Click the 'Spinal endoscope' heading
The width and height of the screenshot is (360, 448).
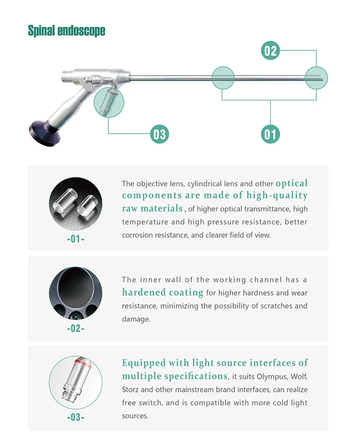pyautogui.click(x=66, y=31)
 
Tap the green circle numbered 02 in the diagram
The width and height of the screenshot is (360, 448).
pyautogui.click(x=271, y=50)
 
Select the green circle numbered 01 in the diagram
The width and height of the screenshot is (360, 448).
pyautogui.click(x=271, y=133)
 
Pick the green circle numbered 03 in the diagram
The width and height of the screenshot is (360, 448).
pyautogui.click(x=159, y=133)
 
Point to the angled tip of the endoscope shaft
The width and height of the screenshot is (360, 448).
pyautogui.click(x=317, y=78)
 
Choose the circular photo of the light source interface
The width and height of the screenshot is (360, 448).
pyautogui.click(x=75, y=382)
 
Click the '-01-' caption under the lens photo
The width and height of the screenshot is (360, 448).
pyautogui.click(x=75, y=239)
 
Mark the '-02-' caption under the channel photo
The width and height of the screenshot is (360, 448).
pyautogui.click(x=75, y=328)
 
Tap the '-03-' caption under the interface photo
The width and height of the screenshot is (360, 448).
pyautogui.click(x=75, y=417)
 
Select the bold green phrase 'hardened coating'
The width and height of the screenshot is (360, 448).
pyautogui.click(x=163, y=292)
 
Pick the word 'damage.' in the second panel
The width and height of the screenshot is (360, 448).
pyautogui.click(x=136, y=319)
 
